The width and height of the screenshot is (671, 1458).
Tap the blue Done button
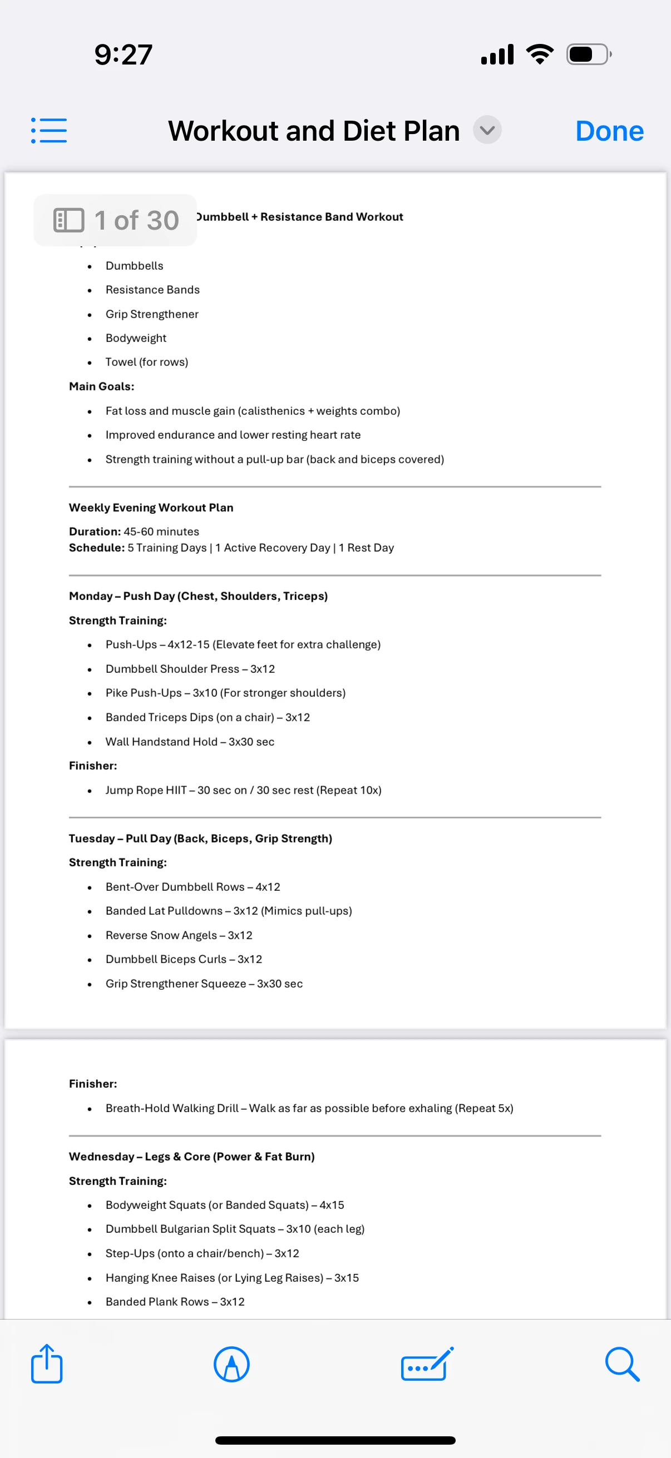[x=609, y=131]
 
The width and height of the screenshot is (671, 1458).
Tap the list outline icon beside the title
[x=49, y=131]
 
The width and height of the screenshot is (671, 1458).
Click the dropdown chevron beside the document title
[x=487, y=130]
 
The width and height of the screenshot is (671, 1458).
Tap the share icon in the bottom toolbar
[x=46, y=1364]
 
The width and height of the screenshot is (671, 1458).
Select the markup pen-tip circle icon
[x=231, y=1364]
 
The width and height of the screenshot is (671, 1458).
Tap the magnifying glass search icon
[x=621, y=1364]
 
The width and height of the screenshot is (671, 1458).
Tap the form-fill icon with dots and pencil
[x=427, y=1364]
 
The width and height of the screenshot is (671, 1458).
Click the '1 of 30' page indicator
[x=116, y=220]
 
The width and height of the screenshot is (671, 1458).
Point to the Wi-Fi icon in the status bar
[x=540, y=54]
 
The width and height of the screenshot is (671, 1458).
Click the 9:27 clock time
[x=124, y=55]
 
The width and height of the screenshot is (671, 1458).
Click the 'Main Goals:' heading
[x=101, y=386]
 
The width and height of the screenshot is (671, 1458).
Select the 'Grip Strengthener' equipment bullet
[x=152, y=314]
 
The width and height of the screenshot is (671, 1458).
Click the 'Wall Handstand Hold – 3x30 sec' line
[x=190, y=741]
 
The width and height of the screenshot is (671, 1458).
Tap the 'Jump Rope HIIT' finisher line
[x=243, y=790]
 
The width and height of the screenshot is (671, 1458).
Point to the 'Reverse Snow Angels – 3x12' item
[x=179, y=935]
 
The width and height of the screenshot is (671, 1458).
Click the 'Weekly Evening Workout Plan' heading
[x=151, y=508]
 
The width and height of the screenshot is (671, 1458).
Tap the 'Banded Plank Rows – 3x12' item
[x=175, y=1301]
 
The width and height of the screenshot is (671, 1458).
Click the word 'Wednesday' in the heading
[x=101, y=1156]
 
